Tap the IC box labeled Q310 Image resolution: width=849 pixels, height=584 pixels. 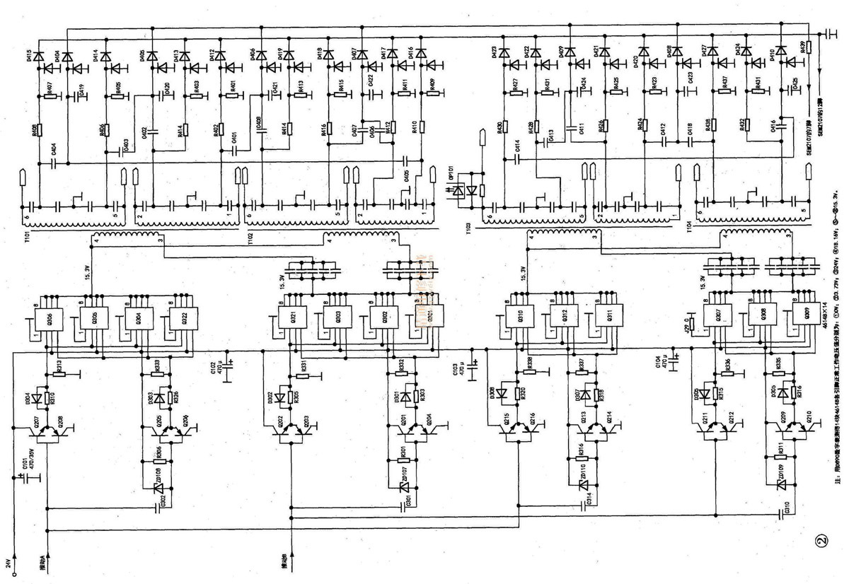click(519, 318)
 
